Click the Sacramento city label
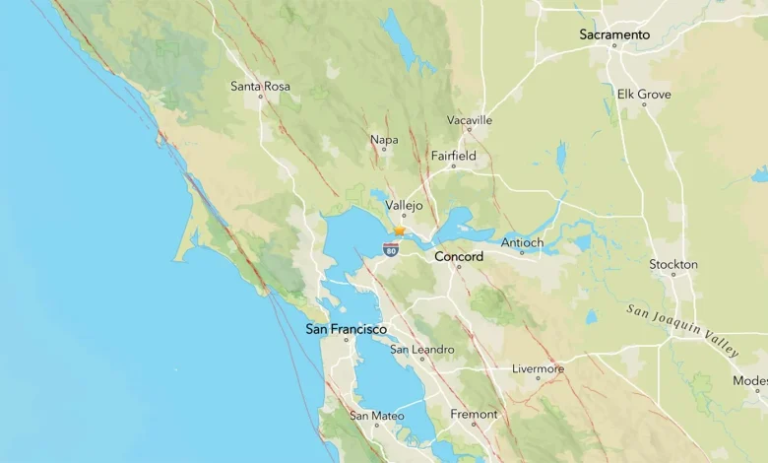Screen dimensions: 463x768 [x=614, y=34]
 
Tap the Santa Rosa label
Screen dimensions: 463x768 [x=260, y=87]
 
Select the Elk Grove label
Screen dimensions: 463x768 [x=644, y=95]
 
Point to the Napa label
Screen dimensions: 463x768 [x=384, y=140]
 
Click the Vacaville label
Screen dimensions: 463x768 [x=469, y=120]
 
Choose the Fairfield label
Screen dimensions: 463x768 [x=453, y=156]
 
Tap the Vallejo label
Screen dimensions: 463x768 [x=404, y=206]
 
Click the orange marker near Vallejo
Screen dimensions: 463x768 [x=399, y=231]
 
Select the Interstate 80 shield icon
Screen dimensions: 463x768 [x=391, y=250]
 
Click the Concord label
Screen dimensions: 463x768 [x=459, y=257]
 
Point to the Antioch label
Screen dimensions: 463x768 [x=522, y=242]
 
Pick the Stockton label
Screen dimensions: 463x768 [x=673, y=264]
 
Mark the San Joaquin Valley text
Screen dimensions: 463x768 [x=682, y=330]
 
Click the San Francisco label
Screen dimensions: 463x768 [x=346, y=329]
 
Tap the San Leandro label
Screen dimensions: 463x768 [x=421, y=350]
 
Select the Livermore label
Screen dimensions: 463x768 [x=538, y=369]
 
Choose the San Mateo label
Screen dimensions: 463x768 [x=376, y=417]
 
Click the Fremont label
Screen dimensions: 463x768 [x=474, y=415]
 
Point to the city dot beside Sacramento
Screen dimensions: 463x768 [x=614, y=45]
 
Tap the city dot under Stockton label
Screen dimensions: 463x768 [x=674, y=275]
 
